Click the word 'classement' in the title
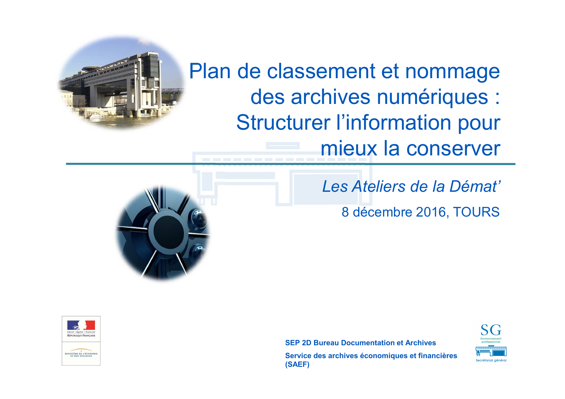click(x=321, y=71)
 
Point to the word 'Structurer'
click(x=283, y=123)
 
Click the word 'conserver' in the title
click(x=453, y=149)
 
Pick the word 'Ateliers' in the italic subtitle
click(x=379, y=187)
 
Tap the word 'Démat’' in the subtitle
click(x=475, y=187)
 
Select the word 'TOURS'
click(x=476, y=212)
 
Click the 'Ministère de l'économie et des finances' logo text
click(x=81, y=355)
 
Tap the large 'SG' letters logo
click(x=491, y=330)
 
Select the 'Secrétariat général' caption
click(x=491, y=360)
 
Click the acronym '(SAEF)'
click(x=297, y=365)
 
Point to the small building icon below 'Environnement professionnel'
click(x=491, y=351)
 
